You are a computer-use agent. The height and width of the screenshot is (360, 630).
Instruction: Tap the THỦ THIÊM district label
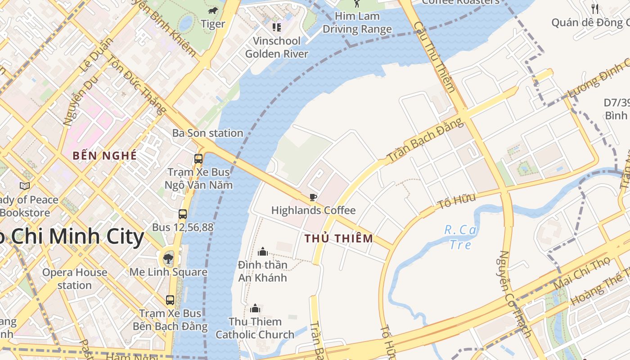coord(339,238)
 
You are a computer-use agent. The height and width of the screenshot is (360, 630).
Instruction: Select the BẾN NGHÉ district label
coord(104,156)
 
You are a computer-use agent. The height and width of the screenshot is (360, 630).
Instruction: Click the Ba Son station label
coord(208,133)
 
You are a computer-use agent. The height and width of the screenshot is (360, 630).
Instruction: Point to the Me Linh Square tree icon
coord(168,258)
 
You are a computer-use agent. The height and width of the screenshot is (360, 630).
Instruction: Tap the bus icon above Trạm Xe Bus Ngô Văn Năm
coord(198,158)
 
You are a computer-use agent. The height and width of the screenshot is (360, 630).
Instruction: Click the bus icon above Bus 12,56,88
coord(183,214)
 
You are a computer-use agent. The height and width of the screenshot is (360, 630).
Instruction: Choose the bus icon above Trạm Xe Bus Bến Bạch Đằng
coord(170,300)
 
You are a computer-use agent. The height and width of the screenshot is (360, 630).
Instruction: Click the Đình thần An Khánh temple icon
coord(263,252)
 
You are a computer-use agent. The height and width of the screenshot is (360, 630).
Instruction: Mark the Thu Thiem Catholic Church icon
coord(255,308)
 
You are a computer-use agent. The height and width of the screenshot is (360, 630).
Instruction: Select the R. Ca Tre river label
coord(460,237)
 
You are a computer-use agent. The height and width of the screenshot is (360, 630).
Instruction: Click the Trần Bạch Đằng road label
coord(425,140)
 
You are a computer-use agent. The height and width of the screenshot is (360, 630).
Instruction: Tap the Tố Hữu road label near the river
coord(456,201)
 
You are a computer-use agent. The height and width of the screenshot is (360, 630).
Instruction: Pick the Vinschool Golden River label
coord(277,47)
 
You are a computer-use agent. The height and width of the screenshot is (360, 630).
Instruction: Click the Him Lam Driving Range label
coord(357,23)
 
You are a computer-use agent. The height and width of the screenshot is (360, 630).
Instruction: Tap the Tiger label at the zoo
coord(213,23)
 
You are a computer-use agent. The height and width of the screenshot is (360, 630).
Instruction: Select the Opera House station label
coord(75,279)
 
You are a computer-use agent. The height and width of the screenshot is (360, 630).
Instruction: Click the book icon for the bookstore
coord(25,185)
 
